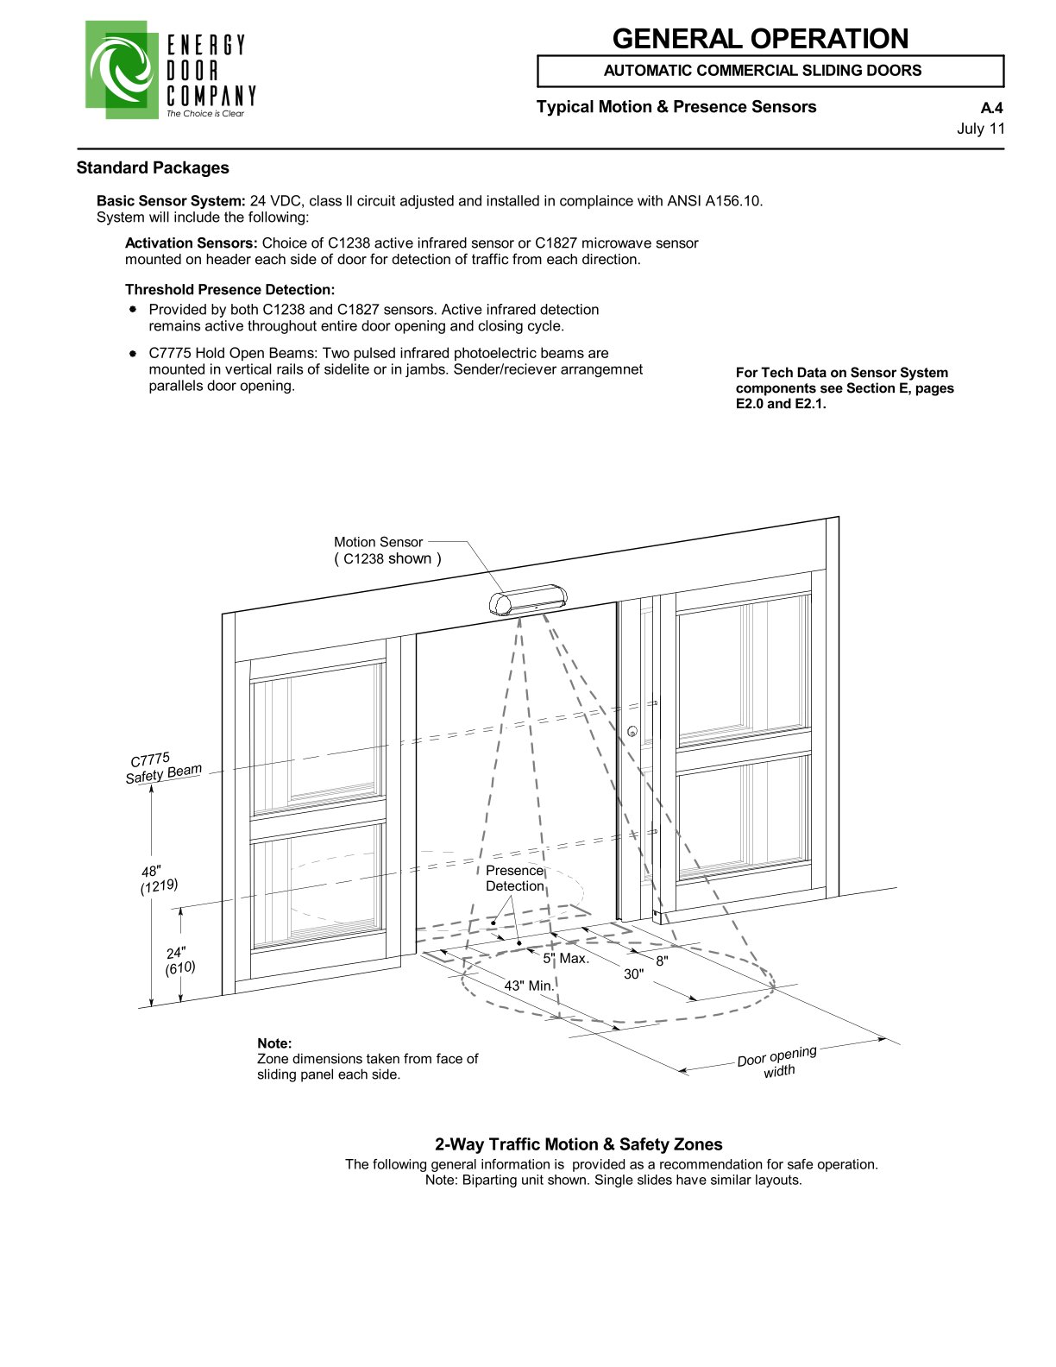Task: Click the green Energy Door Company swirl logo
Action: point(121,69)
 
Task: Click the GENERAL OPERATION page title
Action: point(759,39)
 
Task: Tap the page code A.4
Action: point(991,109)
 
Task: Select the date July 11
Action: point(981,129)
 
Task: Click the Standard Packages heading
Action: point(153,167)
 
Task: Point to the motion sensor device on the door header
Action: point(528,599)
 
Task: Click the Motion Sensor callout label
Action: point(378,542)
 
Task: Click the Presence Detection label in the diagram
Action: point(514,879)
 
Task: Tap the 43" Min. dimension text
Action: point(528,985)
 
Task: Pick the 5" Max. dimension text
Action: point(565,958)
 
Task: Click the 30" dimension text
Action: point(634,973)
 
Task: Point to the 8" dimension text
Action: point(662,960)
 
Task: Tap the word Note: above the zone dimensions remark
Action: point(274,1043)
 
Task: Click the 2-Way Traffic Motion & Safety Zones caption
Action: point(578,1144)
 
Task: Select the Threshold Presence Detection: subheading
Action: point(229,289)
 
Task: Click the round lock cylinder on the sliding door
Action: point(632,733)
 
